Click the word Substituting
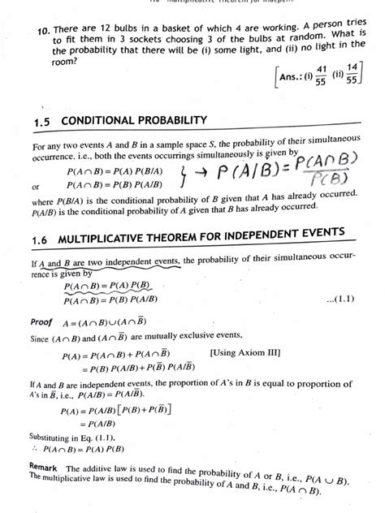(41, 435)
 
